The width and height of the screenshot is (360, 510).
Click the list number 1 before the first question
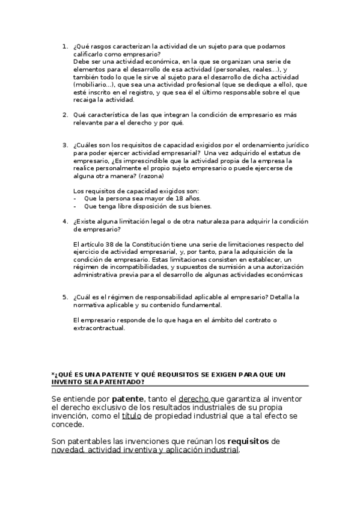tap(65, 46)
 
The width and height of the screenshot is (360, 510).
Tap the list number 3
tap(65, 145)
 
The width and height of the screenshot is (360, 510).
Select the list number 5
tap(65, 297)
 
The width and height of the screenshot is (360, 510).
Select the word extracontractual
tap(98, 328)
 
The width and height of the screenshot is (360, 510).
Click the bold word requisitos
tap(249, 441)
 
